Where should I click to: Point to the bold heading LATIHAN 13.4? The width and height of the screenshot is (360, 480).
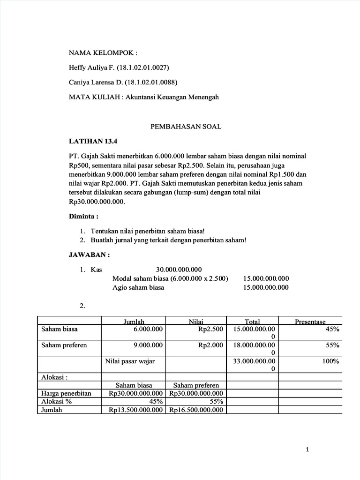coord(90,141)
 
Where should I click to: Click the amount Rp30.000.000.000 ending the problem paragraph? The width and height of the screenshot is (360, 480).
coord(97,201)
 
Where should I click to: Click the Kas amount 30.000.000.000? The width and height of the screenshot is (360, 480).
coord(179,269)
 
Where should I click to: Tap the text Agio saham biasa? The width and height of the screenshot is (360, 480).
coord(138,287)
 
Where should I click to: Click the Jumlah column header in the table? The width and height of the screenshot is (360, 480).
coord(134,322)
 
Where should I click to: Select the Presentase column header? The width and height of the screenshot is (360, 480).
coord(310,322)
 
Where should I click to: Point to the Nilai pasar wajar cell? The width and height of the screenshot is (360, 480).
coord(129,361)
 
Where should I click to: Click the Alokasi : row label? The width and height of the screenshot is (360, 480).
coord(54,376)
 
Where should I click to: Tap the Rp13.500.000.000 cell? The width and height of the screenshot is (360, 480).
coord(136,410)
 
